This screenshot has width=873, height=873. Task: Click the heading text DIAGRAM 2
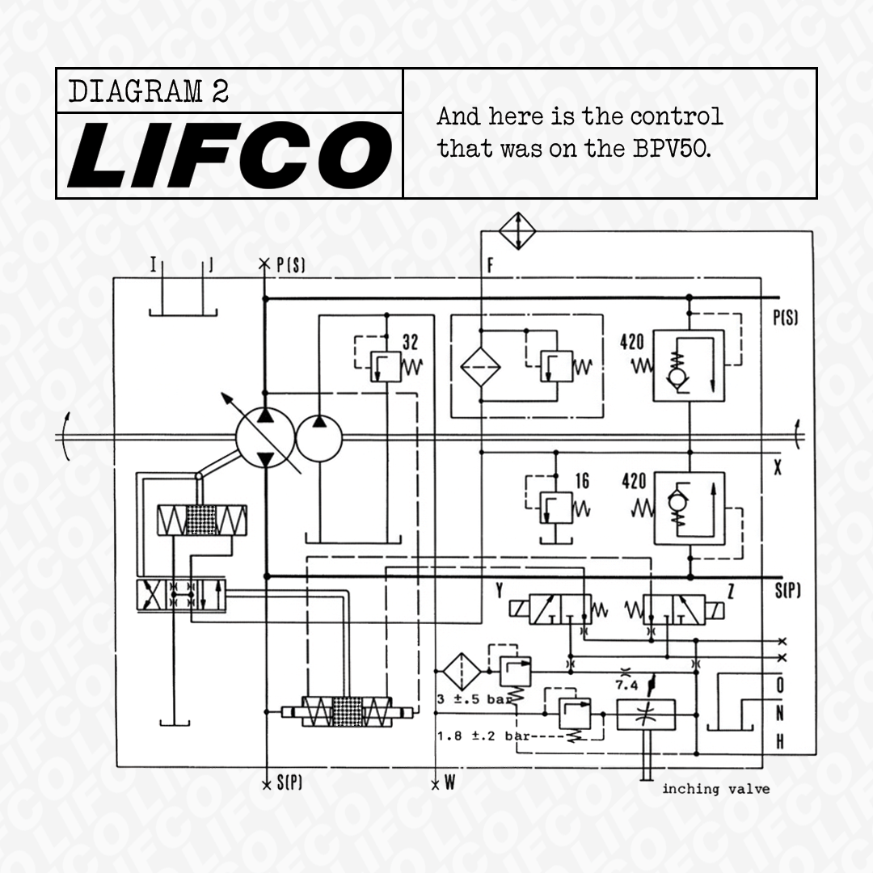click(149, 91)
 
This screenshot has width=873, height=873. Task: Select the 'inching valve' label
click(715, 789)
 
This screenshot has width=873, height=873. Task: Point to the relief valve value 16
click(582, 482)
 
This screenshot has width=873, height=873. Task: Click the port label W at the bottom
click(449, 783)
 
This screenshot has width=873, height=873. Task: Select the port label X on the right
click(778, 468)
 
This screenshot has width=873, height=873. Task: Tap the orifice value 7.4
click(626, 685)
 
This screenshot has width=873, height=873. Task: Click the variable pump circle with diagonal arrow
click(264, 437)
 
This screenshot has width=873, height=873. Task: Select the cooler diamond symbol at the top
click(517, 231)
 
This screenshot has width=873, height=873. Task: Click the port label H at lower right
click(779, 741)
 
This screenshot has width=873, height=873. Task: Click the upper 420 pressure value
click(632, 342)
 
